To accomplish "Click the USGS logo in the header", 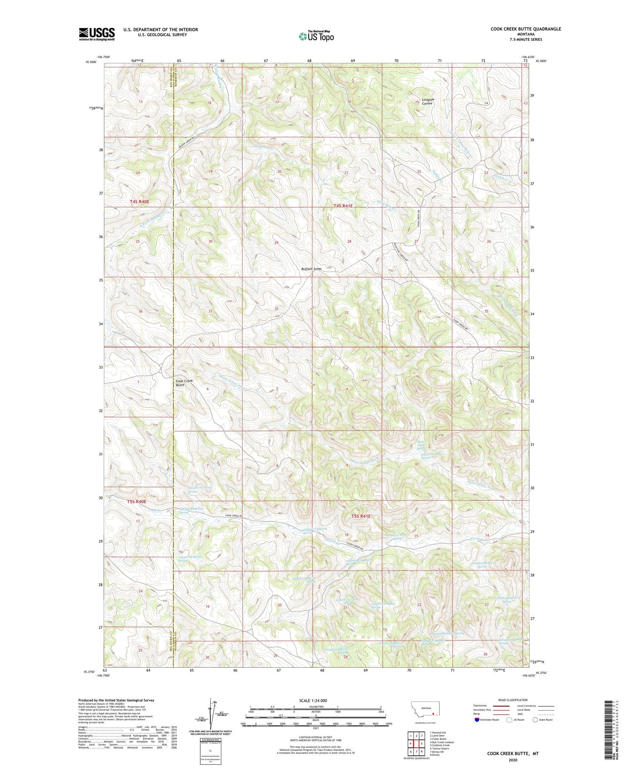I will (97, 34).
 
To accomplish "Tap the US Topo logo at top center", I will (316, 36).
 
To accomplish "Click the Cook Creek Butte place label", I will (184, 383).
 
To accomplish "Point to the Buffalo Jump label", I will (311, 269).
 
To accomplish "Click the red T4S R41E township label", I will (343, 206).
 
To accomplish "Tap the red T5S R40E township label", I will (137, 501).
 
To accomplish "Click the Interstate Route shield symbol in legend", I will (477, 720).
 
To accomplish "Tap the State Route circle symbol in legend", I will (536, 720).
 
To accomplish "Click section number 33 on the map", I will (346, 313).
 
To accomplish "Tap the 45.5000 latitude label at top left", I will (91, 62).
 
